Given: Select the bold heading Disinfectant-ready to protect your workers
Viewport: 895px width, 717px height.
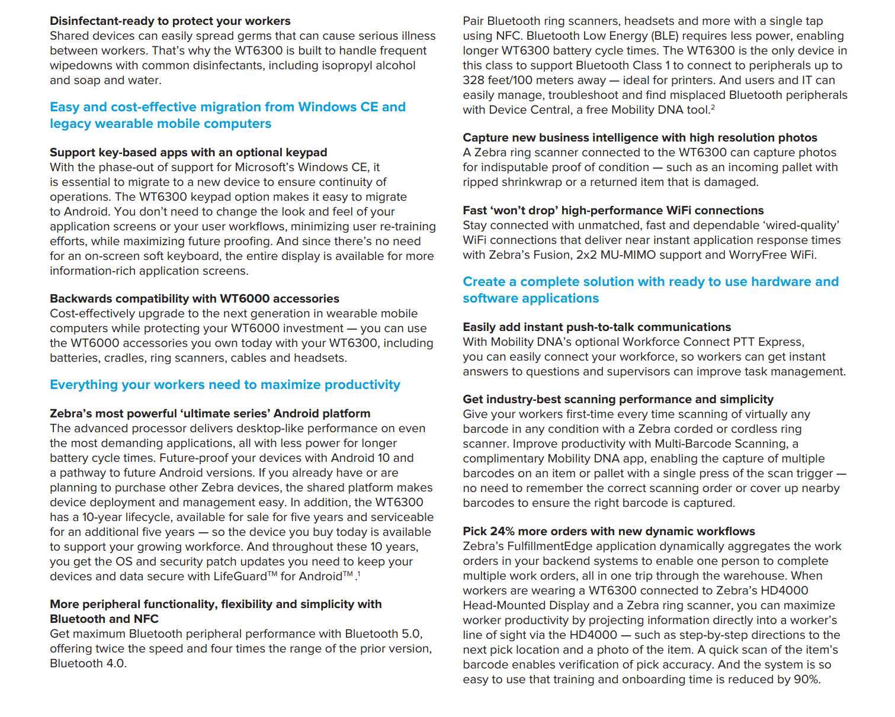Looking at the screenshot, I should click(x=170, y=21).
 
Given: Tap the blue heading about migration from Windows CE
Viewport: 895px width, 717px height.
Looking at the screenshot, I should click(x=227, y=115).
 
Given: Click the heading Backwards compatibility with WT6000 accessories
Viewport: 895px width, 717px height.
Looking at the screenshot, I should click(x=194, y=299).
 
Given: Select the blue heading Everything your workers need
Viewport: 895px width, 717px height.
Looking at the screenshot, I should click(x=225, y=385).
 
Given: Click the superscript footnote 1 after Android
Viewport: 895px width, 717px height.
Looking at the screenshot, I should click(x=358, y=574).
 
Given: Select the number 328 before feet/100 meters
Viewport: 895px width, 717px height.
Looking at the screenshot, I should click(x=474, y=81).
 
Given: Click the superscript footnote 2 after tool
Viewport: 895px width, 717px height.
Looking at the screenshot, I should click(x=713, y=107).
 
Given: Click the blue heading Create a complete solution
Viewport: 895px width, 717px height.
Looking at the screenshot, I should click(x=650, y=290).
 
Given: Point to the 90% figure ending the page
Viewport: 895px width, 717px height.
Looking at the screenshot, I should click(x=806, y=680).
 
